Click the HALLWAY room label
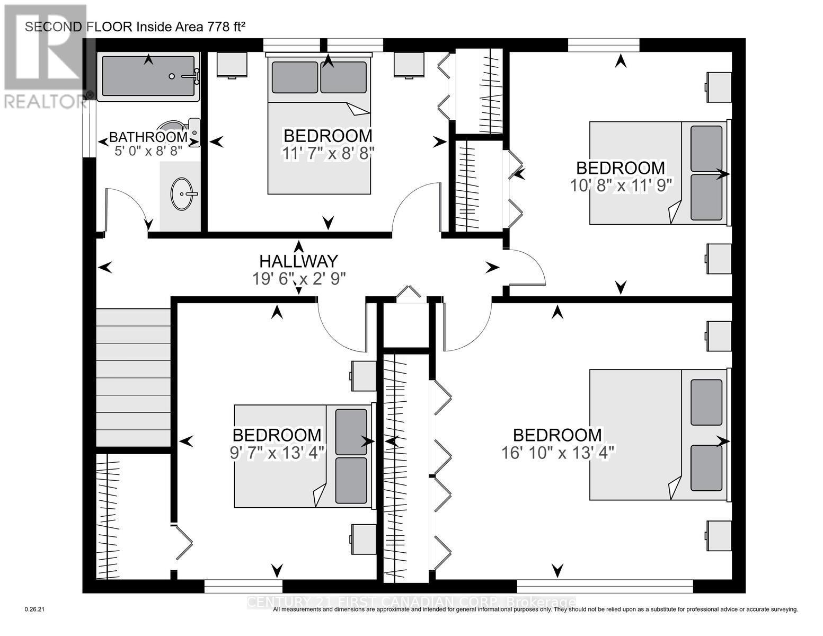(x=298, y=261)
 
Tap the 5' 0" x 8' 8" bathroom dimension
(x=148, y=151)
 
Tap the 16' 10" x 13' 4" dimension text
(x=557, y=453)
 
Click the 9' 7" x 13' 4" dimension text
(x=277, y=453)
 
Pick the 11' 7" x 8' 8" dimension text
(x=328, y=153)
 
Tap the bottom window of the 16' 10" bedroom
(x=604, y=586)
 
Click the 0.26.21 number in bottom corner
(x=36, y=609)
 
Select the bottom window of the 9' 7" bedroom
(x=243, y=586)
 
